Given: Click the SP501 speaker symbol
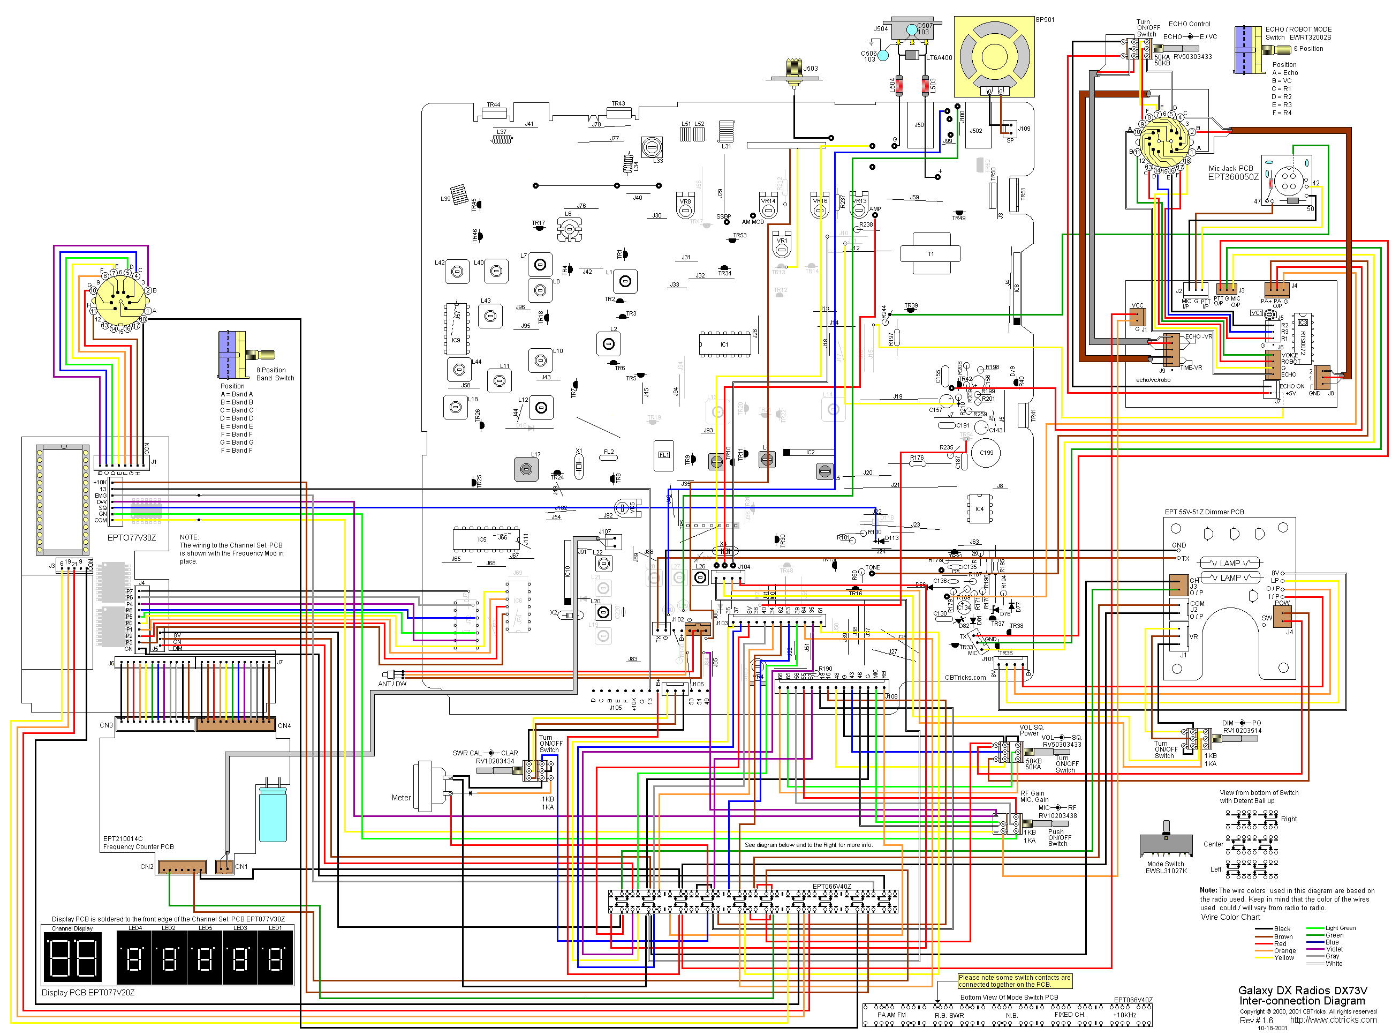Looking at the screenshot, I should (993, 57).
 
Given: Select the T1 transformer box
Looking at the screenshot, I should (930, 254).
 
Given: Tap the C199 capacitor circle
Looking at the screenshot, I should (986, 453).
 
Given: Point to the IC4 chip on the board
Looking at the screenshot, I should (979, 509).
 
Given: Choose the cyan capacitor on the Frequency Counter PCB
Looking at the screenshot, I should (273, 814).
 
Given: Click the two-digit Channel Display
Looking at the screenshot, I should (73, 957).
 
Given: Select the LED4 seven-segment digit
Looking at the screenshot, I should (134, 958).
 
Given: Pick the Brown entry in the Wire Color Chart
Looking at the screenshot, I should (1283, 936).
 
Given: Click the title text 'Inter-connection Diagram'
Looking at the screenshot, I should (1302, 1001).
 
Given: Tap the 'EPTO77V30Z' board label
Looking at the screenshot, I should (132, 537).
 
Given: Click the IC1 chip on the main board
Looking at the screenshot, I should (724, 344).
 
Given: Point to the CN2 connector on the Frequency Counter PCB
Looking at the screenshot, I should (181, 867).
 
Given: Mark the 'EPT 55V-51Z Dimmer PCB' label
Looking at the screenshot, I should (1204, 512).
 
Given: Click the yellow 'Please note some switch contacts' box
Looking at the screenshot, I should (1014, 981).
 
